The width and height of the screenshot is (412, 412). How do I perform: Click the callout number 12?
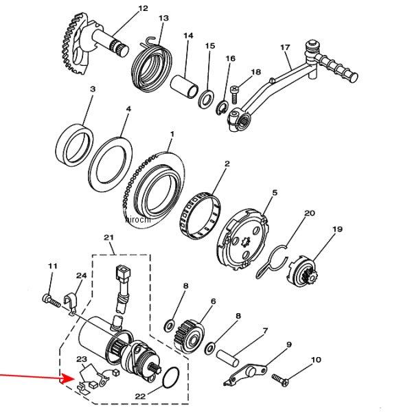coord(144,8)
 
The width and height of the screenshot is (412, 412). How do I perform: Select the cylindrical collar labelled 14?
coord(184,87)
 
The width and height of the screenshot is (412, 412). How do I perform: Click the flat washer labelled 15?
coord(206,99)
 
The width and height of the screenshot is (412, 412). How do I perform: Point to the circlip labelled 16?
coord(222,108)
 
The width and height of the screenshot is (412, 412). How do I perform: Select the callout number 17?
coord(285,47)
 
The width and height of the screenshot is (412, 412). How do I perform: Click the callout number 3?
coord(93,89)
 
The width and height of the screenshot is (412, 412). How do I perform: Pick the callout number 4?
coord(128,108)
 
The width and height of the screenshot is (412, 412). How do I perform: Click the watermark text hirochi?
coord(138,220)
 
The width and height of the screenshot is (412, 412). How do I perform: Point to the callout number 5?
coord(275,193)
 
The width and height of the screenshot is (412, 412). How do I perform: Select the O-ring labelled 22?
coord(171,378)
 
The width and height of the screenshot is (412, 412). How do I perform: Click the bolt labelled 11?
coord(51,301)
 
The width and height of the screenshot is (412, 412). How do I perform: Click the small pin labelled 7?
coord(227,358)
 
